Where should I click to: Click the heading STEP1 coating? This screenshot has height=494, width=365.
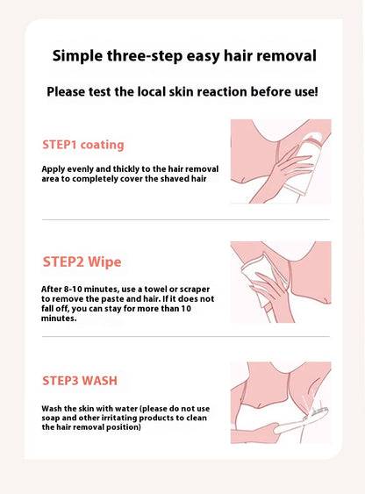[x=83, y=144]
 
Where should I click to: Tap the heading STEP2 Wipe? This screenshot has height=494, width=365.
[x=82, y=261]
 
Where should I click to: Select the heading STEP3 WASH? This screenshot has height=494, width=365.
[x=80, y=381]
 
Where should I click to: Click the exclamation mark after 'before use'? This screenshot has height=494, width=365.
[x=316, y=91]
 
